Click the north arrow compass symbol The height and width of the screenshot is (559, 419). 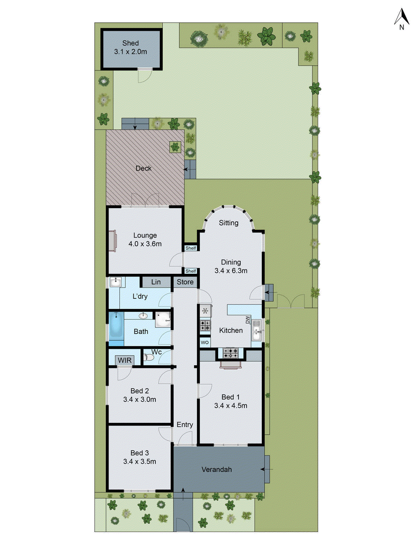pos(402,19)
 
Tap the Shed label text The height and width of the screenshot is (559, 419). pos(131,43)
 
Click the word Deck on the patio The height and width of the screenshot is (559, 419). pos(144,168)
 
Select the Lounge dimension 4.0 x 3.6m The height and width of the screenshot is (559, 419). pos(145,244)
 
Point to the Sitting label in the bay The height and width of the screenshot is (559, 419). pos(229,223)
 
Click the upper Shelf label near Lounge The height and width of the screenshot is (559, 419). pos(191,248)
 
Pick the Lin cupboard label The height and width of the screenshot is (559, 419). pos(156,282)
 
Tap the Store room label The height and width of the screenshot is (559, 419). pos(185,282)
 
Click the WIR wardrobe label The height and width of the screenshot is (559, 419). pos(125,360)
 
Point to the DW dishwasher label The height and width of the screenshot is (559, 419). pos(248,320)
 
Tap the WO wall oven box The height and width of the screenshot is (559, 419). pos(205,342)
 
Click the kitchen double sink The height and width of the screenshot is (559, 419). pos(257,331)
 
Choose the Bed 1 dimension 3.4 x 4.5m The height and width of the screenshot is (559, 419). pos(231,406)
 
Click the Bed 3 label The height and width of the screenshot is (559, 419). pos(140,453)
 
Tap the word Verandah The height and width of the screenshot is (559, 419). pos(216,470)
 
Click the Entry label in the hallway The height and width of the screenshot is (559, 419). pos(185,424)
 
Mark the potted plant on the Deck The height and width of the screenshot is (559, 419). pos(175,147)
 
